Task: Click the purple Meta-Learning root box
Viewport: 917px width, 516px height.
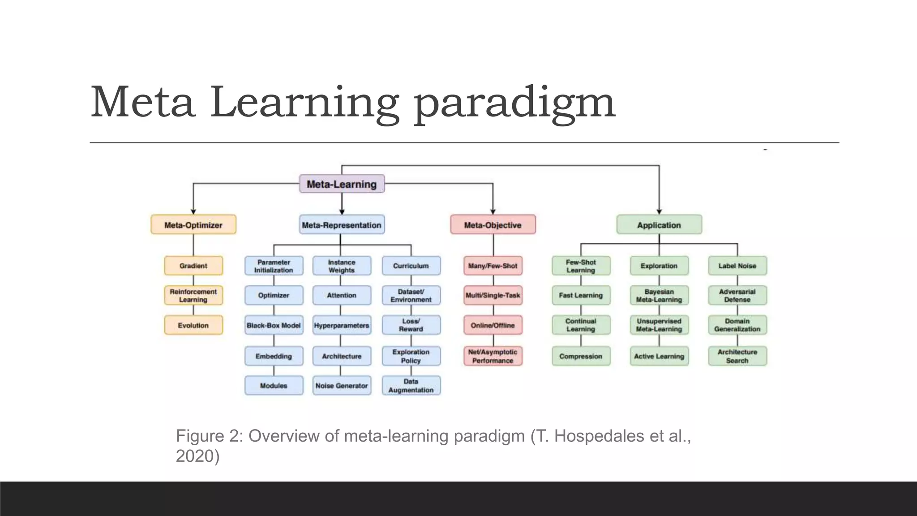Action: click(342, 184)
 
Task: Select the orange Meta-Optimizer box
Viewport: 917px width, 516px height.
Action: click(193, 225)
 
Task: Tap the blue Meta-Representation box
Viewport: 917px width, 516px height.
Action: click(342, 225)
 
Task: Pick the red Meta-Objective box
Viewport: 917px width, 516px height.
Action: click(493, 225)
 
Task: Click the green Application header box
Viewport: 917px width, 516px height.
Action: click(659, 225)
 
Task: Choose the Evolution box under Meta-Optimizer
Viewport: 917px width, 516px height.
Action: click(193, 325)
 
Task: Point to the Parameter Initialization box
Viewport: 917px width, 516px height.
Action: click(274, 266)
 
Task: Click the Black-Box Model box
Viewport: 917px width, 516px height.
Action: click(274, 325)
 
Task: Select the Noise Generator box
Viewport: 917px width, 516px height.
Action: click(342, 386)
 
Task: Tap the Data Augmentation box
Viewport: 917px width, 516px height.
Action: click(411, 386)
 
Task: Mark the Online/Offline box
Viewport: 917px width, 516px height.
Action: click(493, 325)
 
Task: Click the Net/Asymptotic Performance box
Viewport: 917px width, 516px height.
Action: click(493, 356)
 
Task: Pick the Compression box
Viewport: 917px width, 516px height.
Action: click(581, 356)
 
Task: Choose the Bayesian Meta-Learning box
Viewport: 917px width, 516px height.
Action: click(659, 296)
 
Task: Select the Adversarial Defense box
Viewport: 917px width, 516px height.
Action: click(737, 296)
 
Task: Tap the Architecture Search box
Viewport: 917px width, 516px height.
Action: click(737, 356)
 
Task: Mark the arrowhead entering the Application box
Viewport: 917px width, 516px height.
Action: click(659, 212)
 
